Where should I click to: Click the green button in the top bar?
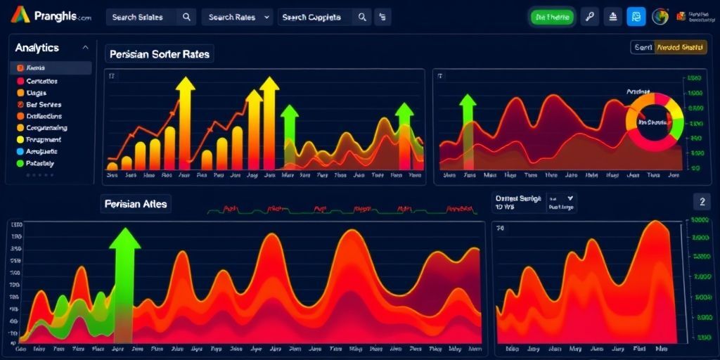click(x=552, y=17)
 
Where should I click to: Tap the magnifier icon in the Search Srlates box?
click(x=186, y=17)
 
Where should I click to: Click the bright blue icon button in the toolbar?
click(x=636, y=17)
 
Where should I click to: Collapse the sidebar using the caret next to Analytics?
click(x=86, y=48)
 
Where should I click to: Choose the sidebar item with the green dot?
click(x=44, y=162)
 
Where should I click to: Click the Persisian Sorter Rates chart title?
click(x=160, y=54)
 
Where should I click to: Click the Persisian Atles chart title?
click(x=136, y=204)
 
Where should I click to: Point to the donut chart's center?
click(x=654, y=122)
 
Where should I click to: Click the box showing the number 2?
click(x=701, y=202)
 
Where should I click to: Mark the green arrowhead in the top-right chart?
click(x=468, y=98)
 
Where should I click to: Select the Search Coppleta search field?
click(x=314, y=17)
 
